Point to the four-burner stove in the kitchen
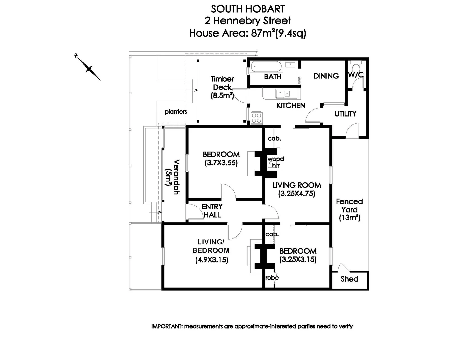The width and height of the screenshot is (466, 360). tap(257, 118)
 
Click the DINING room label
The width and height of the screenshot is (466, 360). tap(326, 76)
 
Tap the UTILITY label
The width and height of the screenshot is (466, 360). tap(345, 114)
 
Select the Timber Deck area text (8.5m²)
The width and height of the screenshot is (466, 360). tap(222, 96)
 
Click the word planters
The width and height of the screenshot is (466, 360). tap(176, 112)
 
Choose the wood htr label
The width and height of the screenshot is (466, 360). tap(276, 162)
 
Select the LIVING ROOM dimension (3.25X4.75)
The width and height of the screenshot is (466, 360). tap(297, 193)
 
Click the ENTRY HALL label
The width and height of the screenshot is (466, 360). tap(212, 211)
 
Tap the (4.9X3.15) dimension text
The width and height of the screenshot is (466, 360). tap(211, 260)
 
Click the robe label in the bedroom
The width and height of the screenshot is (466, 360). tap(272, 278)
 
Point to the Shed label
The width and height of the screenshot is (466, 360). tap(349, 279)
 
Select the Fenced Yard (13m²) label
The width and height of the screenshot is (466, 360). tap(349, 210)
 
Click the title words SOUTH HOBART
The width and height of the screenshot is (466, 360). tap(248, 9)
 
